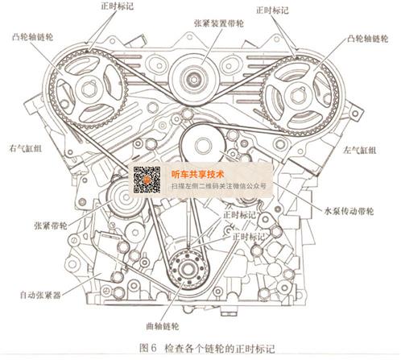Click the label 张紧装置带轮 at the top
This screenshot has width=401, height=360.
click(x=218, y=23)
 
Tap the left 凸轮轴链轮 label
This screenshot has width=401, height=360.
click(x=32, y=37)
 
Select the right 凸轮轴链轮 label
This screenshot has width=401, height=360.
click(x=367, y=39)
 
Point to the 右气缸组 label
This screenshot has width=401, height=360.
click(x=26, y=148)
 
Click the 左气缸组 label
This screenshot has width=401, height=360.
click(x=360, y=150)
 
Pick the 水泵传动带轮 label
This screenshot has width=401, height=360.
click(x=349, y=211)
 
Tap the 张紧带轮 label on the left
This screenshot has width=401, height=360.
click(x=51, y=226)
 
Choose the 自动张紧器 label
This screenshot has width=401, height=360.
click(x=40, y=295)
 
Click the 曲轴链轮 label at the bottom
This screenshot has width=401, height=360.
click(x=163, y=326)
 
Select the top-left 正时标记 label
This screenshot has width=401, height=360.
click(x=117, y=6)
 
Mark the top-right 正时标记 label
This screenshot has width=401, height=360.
click(x=272, y=10)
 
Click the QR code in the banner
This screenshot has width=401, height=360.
click(x=147, y=180)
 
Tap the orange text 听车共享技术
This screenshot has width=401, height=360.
click(x=197, y=175)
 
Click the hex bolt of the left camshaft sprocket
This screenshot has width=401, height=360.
click(x=88, y=89)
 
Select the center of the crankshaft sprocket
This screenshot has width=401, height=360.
click(x=187, y=268)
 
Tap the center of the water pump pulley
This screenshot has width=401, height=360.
click(x=202, y=145)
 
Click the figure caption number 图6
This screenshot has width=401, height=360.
click(x=147, y=348)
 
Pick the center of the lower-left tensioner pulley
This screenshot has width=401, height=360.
click(x=125, y=197)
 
